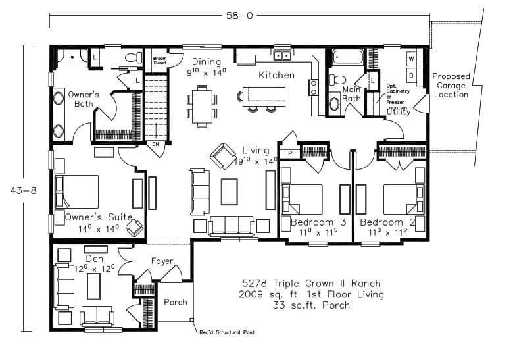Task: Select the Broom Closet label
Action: [x=160, y=61]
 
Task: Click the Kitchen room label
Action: [x=276, y=75]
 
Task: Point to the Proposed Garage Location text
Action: [x=451, y=86]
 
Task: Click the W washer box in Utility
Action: [x=411, y=59]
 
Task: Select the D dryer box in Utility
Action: [x=411, y=75]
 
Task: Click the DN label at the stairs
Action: [x=156, y=144]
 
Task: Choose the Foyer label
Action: [x=162, y=261]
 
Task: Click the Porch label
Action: [x=175, y=303]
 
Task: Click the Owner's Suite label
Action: [x=99, y=217]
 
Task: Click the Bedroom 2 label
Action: [x=387, y=222]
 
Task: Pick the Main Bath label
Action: [x=351, y=94]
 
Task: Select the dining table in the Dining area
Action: [x=202, y=105]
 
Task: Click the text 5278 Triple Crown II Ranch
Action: [x=312, y=284]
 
